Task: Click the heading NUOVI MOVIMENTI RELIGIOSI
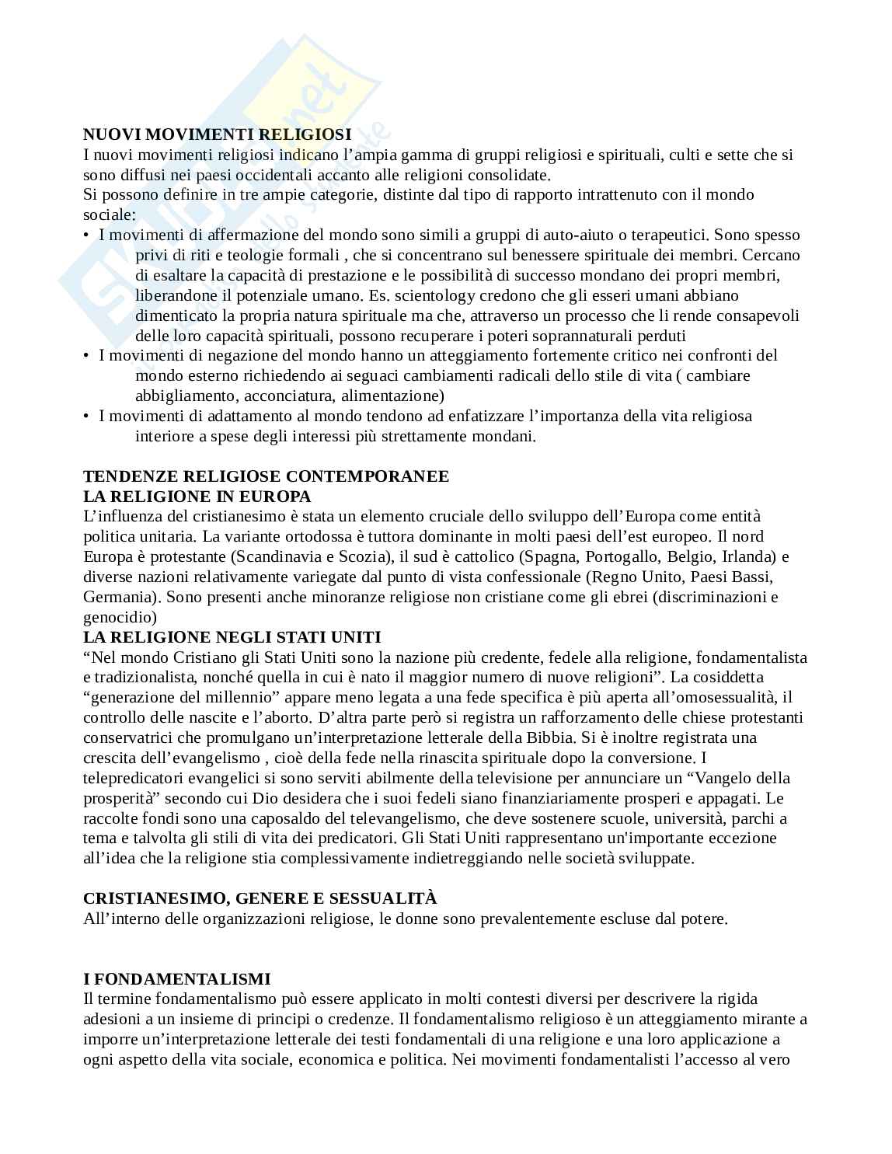tap(217, 134)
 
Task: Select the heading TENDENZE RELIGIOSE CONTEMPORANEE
tap(266, 476)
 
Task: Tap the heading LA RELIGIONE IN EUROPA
tap(197, 497)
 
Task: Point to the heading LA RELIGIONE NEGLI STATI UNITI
tap(232, 637)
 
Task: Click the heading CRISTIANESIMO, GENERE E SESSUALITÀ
tap(260, 898)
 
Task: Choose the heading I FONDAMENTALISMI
tap(176, 979)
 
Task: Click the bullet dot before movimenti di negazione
tap(87, 355)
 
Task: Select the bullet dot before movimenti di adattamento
tap(87, 416)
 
